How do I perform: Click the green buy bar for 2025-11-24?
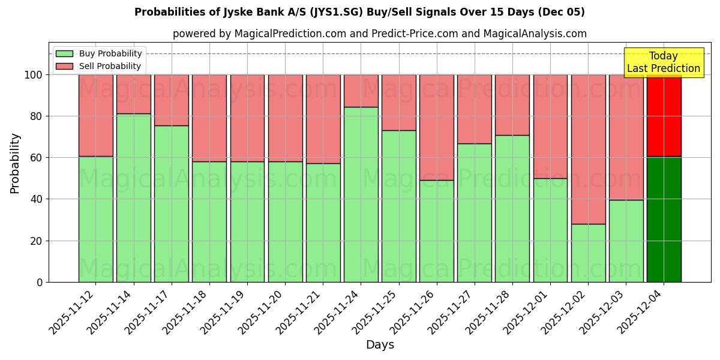click(361, 194)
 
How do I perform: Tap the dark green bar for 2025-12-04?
click(664, 219)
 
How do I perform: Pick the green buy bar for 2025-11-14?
click(133, 197)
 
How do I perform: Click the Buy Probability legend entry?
click(99, 53)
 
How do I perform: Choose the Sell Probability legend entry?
click(99, 66)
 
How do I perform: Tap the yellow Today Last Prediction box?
click(664, 62)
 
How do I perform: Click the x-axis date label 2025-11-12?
click(73, 312)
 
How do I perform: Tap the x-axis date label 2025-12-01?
click(527, 312)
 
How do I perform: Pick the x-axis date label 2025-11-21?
click(300, 312)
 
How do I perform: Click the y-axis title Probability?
click(15, 163)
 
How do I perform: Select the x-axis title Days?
click(380, 345)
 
